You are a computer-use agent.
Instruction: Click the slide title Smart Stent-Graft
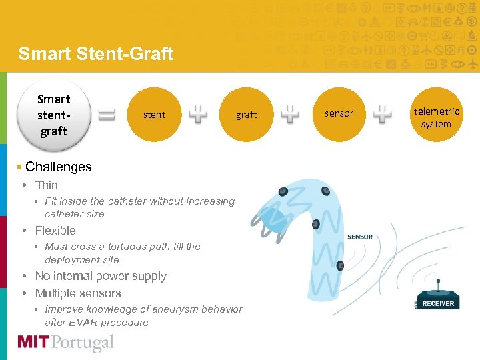(x=95, y=53)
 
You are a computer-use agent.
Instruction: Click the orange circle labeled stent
(x=154, y=115)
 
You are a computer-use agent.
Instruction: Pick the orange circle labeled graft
(x=246, y=115)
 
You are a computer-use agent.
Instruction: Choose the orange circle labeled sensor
(x=339, y=113)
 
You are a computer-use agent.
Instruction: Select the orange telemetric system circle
(x=436, y=117)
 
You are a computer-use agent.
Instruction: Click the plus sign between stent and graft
(x=198, y=115)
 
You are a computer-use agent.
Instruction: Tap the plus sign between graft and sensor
(x=290, y=115)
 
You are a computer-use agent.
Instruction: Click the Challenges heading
(x=58, y=167)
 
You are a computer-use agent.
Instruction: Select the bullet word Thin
(x=47, y=185)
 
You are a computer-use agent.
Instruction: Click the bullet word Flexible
(x=55, y=231)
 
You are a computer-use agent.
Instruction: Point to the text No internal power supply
(x=101, y=276)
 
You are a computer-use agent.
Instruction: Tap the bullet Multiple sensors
(x=78, y=293)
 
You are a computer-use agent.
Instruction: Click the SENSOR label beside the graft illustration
(x=360, y=237)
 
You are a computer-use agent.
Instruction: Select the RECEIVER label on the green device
(x=438, y=303)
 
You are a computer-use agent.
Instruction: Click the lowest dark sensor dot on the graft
(x=340, y=265)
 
